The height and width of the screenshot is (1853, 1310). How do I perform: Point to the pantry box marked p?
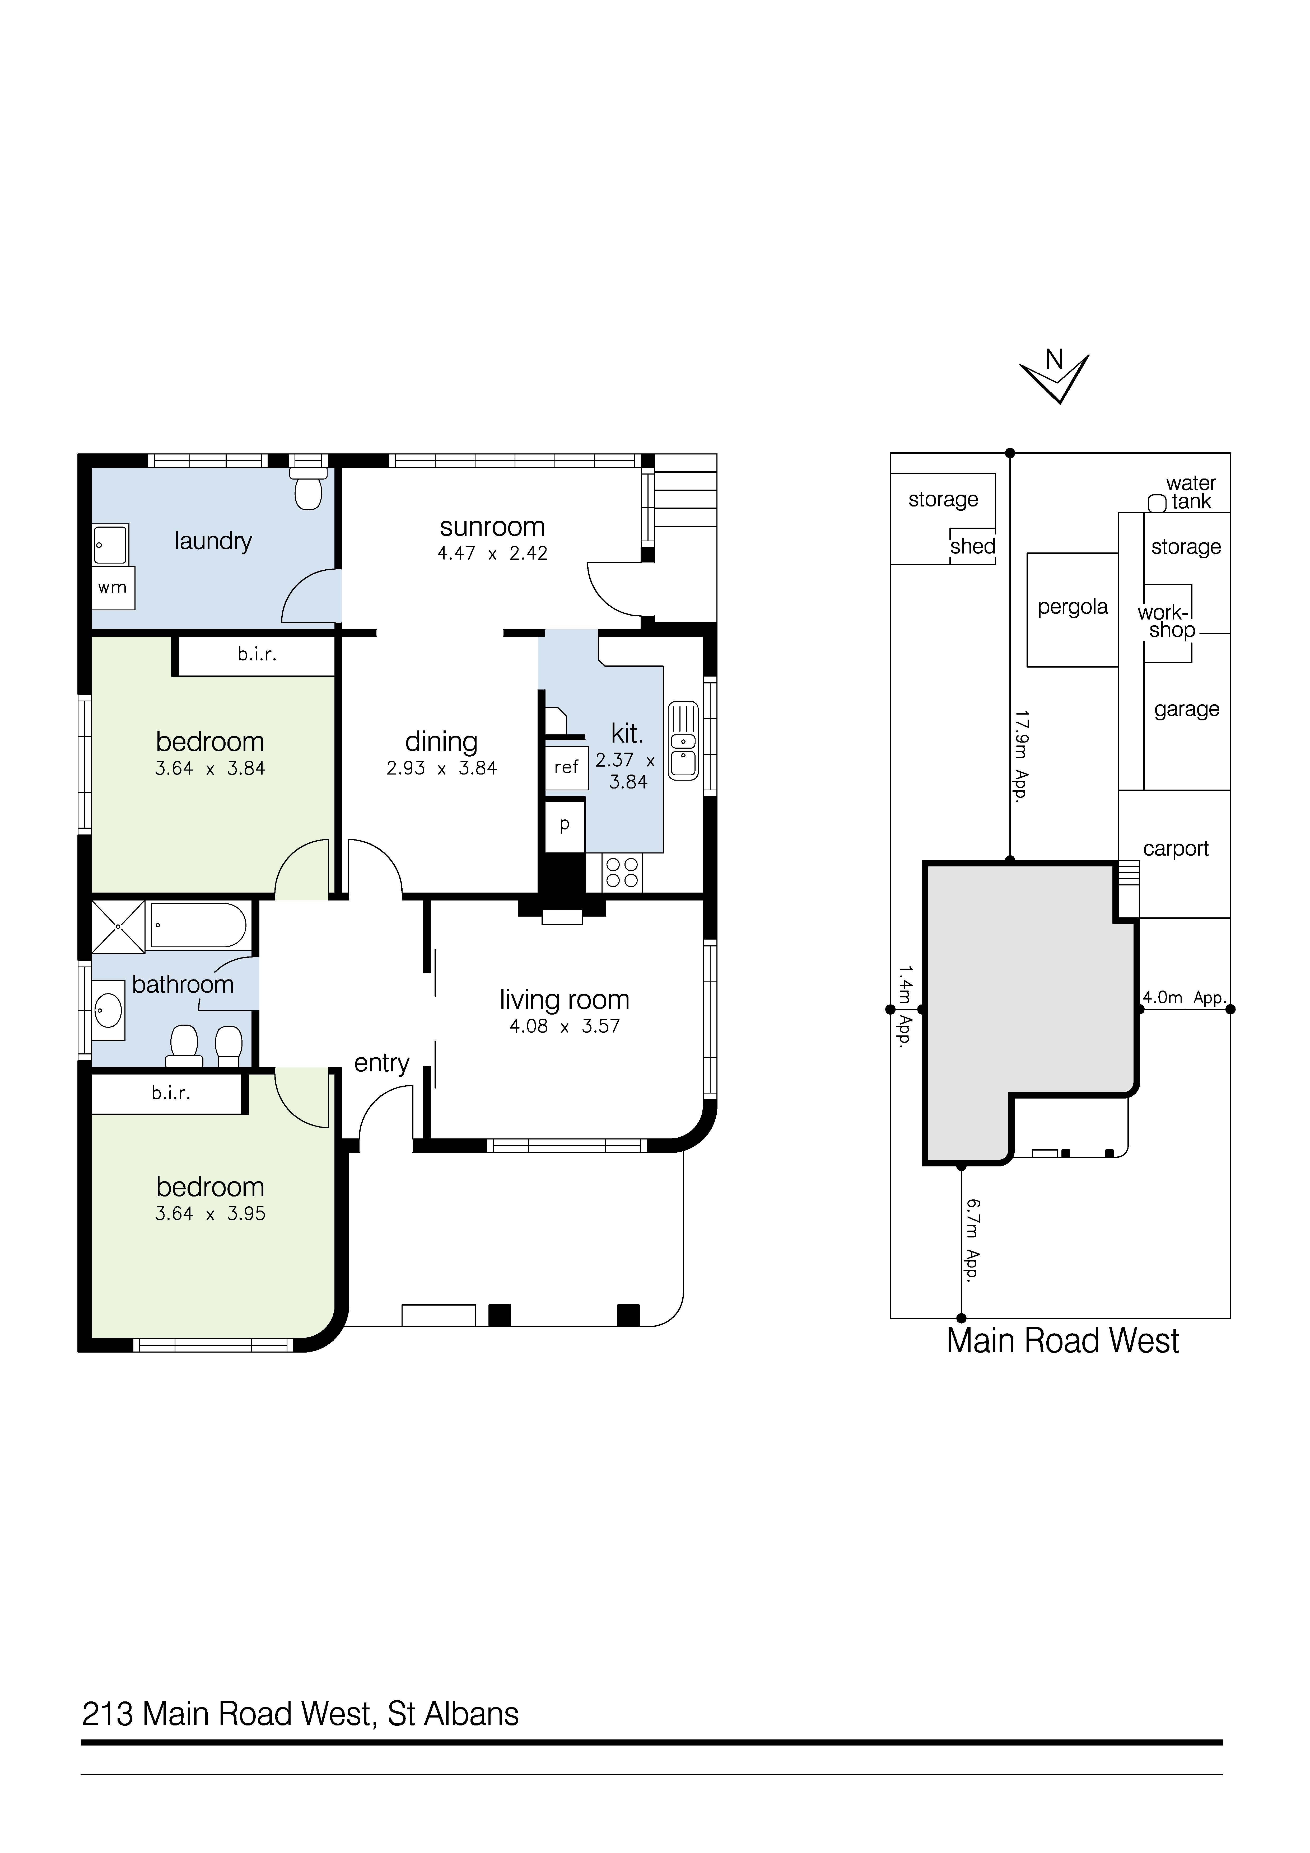(565, 825)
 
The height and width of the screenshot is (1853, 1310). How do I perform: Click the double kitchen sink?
(683, 741)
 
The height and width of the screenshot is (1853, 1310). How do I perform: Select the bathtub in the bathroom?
(199, 925)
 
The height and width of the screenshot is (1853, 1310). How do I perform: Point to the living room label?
(564, 1000)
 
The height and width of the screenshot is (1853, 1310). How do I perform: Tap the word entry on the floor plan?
(382, 1064)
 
